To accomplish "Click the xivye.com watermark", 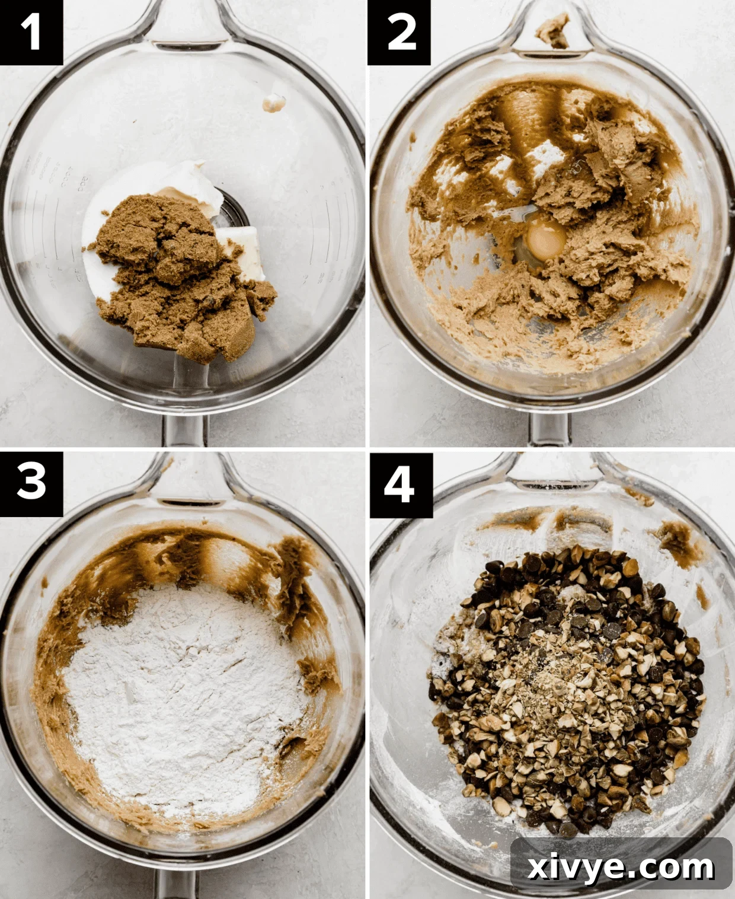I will [x=621, y=867].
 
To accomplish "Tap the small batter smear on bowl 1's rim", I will [x=273, y=103].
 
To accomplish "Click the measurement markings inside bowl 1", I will [x=65, y=178].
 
